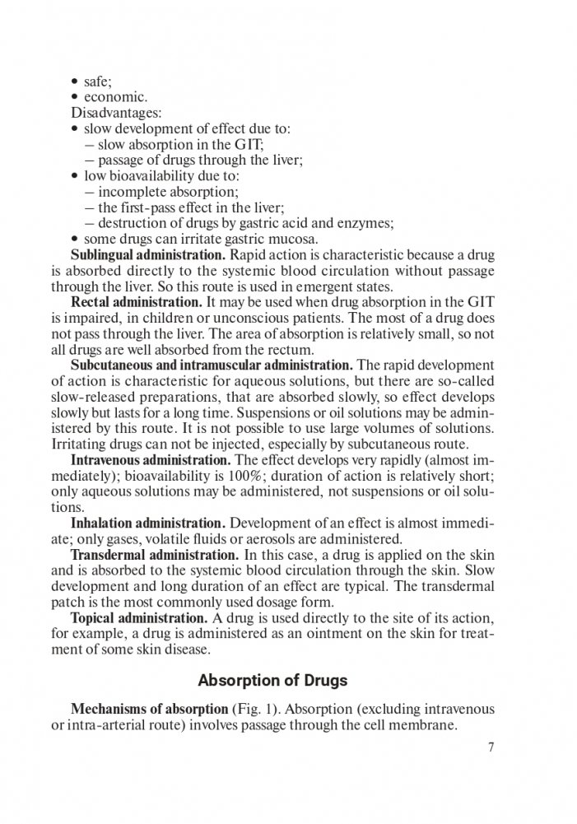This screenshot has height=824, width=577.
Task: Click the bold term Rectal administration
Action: pyautogui.click(x=136, y=302)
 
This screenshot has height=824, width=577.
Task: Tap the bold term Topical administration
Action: pyautogui.click(x=137, y=617)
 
